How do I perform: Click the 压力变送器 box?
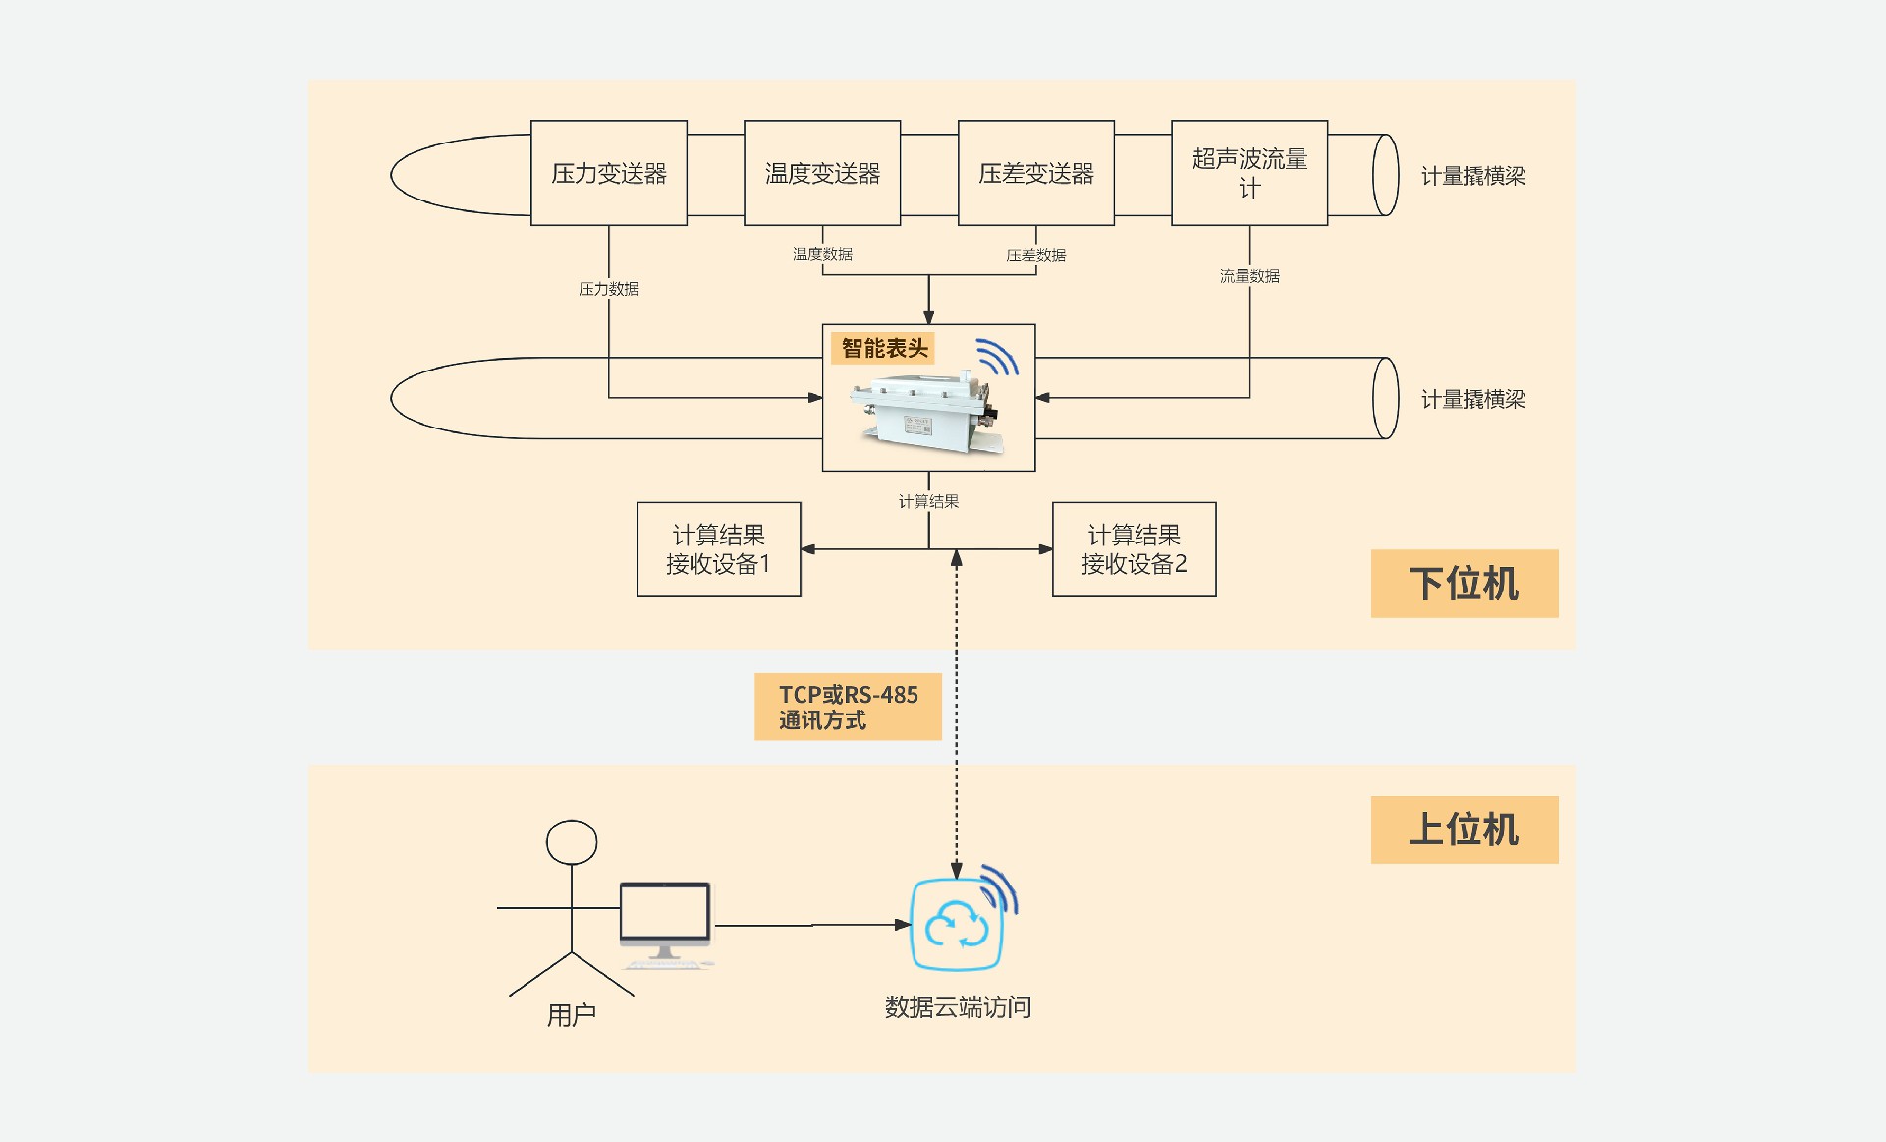(x=609, y=174)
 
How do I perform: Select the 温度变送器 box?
(x=822, y=174)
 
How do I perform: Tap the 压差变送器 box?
(x=1036, y=174)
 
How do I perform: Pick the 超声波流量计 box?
(x=1249, y=174)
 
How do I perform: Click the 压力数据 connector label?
(x=609, y=289)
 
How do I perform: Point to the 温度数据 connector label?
(x=822, y=255)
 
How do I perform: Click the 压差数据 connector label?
(x=1036, y=256)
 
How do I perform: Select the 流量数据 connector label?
(x=1249, y=276)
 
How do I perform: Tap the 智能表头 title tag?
(x=884, y=348)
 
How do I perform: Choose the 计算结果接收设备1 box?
(x=719, y=549)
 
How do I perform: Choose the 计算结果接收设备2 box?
(x=1135, y=549)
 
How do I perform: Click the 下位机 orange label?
(x=1465, y=584)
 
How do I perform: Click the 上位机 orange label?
(x=1465, y=829)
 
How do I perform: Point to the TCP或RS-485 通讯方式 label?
(x=848, y=707)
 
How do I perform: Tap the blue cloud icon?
(x=957, y=925)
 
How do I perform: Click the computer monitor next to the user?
(x=665, y=914)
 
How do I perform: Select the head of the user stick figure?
(x=572, y=842)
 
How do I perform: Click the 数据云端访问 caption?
(x=958, y=1007)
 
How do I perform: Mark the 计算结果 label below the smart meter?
(x=928, y=501)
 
